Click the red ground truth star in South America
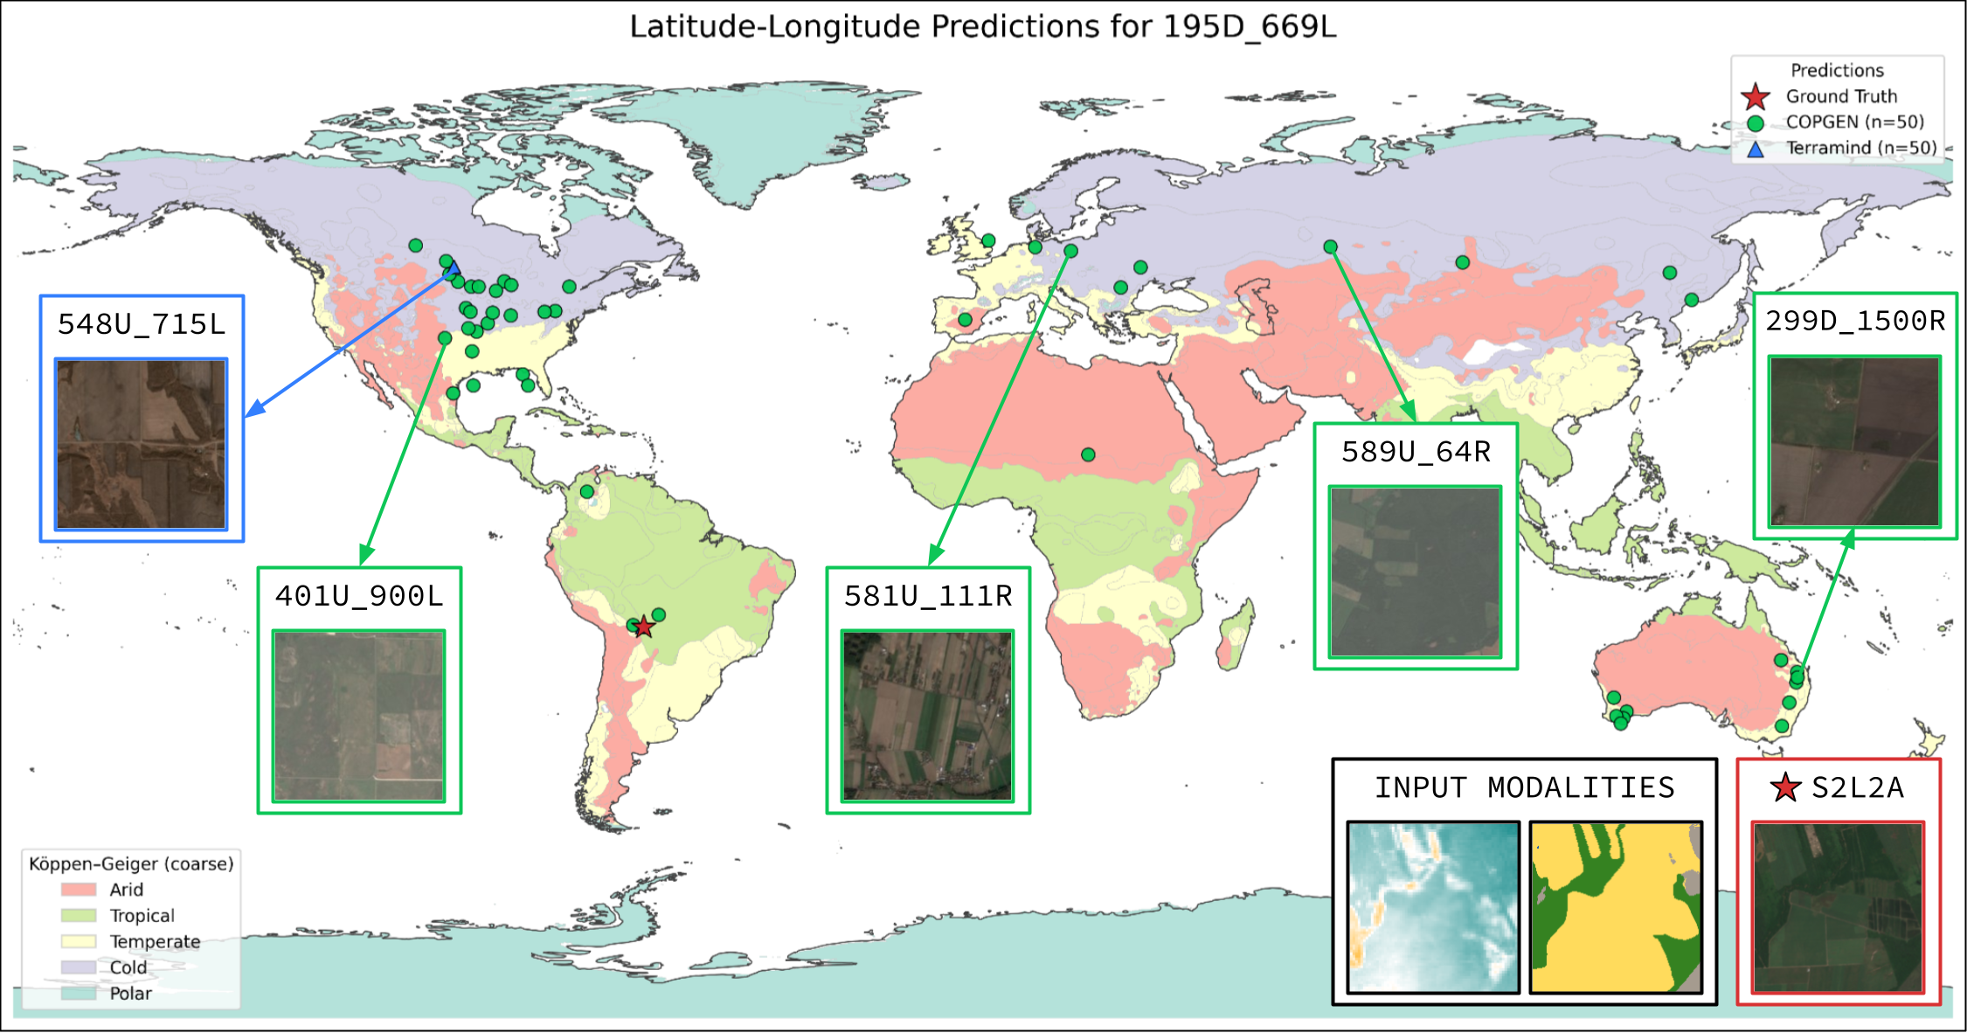pos(644,627)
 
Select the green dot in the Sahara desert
pos(1088,454)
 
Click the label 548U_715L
pos(142,324)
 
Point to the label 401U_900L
pos(359,596)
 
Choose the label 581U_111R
pos(928,596)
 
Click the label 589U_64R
pos(1416,452)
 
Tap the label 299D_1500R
pos(1855,321)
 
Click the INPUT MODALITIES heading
pos(1525,787)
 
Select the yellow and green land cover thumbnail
pos(1616,907)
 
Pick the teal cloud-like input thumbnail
pos(1433,907)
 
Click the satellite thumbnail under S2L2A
pos(1838,907)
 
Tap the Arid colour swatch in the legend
pos(79,890)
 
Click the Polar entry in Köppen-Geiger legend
pos(130,994)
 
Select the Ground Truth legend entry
pos(1841,96)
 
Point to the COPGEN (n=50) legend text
pos(1854,121)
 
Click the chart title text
pos(983,26)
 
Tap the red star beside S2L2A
pos(1785,787)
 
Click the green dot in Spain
pos(965,320)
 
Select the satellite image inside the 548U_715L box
pos(142,444)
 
